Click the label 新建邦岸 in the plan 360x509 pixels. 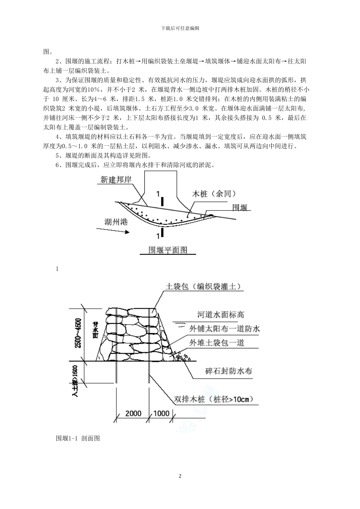click(x=116, y=180)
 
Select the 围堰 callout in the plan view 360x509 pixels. click(x=239, y=207)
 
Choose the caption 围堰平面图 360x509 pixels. click(x=168, y=250)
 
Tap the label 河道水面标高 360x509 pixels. click(x=220, y=315)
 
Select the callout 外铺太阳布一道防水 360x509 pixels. click(x=225, y=329)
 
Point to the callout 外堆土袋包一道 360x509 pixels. click(x=217, y=343)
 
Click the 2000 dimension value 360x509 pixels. click(x=133, y=413)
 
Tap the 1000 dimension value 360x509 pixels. click(x=161, y=413)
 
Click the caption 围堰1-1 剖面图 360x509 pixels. click(x=78, y=438)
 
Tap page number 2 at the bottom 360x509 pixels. click(x=180, y=476)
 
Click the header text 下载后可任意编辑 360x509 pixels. click(x=180, y=28)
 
